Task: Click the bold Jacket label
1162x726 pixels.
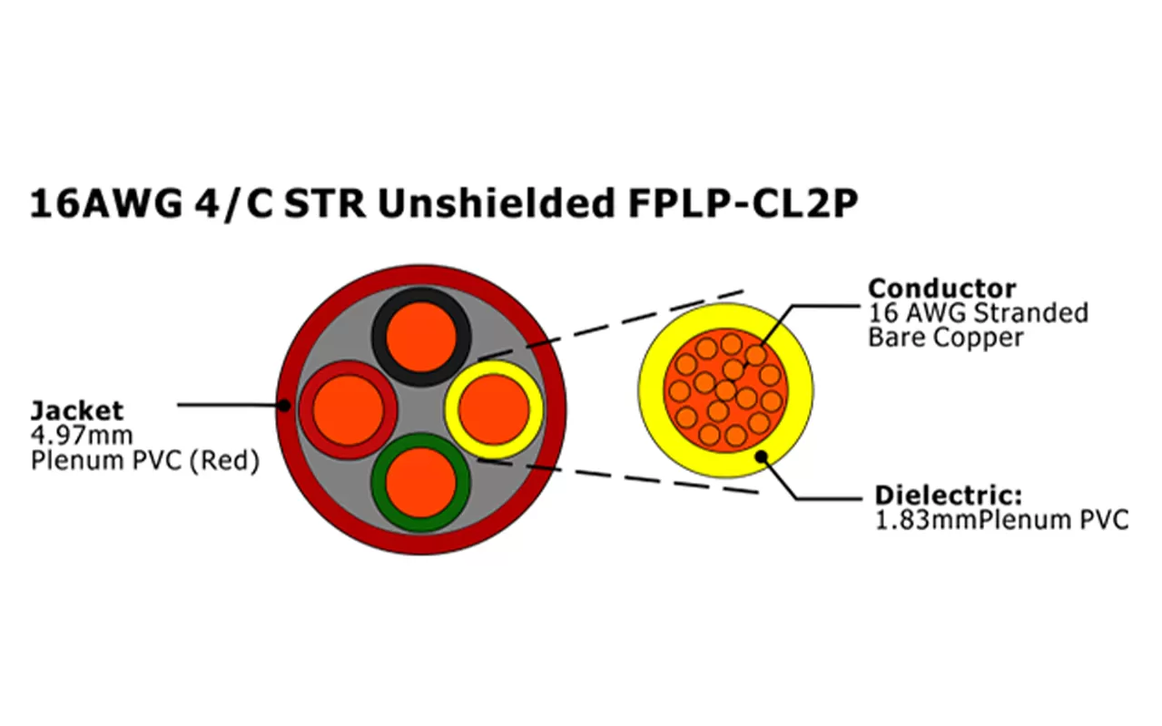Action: [x=77, y=410]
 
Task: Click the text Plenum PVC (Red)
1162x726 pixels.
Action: [x=145, y=461]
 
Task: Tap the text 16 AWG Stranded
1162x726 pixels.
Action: [x=979, y=314]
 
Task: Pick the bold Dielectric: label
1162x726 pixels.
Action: [x=949, y=495]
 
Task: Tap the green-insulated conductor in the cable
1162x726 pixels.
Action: [x=420, y=482]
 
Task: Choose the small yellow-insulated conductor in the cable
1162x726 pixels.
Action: [x=493, y=407]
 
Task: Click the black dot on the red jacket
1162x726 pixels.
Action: [x=284, y=406]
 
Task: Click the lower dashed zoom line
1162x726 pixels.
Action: [x=617, y=476]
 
